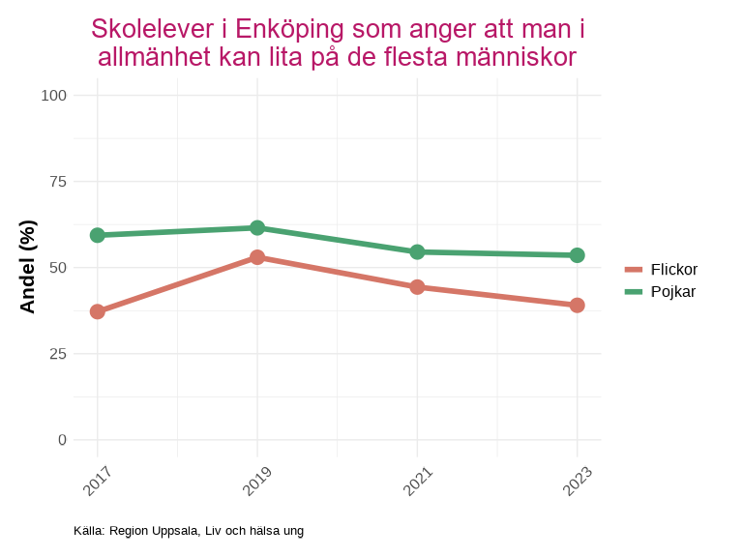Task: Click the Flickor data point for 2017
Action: pos(98,311)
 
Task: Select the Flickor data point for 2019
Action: pos(257,257)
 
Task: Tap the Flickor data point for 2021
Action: pos(417,287)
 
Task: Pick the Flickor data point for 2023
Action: pos(577,306)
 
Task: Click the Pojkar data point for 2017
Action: pos(98,235)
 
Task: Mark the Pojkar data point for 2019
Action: pos(257,228)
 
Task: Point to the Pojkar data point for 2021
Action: pos(417,251)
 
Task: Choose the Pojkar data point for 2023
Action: pos(577,255)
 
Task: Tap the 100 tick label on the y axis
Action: pos(54,95)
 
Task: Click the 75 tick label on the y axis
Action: pos(58,181)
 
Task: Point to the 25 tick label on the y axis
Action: pos(58,353)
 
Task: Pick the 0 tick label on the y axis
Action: pos(63,439)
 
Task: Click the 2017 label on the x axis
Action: pos(98,481)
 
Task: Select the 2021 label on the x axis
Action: pos(417,481)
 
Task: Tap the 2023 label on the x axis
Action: pos(577,481)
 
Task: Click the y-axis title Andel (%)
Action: pos(28,267)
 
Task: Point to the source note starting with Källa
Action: pos(189,531)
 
